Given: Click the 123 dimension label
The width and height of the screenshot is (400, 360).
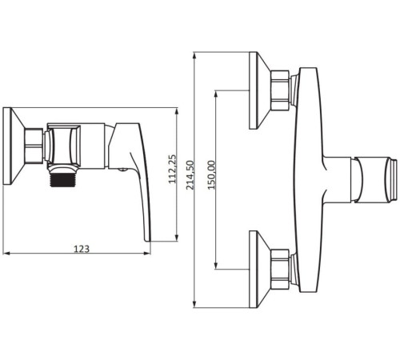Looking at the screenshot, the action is coord(82,249).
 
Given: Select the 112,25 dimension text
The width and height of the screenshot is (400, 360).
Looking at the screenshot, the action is coord(173,169).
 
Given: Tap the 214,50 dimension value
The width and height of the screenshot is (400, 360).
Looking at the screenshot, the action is coord(190,175).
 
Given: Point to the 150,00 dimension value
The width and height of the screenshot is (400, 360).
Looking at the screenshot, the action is coord(211,175).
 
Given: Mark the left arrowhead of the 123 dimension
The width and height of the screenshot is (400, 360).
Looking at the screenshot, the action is coord(6,253).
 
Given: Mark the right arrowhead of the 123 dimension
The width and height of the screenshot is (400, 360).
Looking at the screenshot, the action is coord(147,253).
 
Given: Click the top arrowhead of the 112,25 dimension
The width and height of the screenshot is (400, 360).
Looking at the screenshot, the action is coord(176,111).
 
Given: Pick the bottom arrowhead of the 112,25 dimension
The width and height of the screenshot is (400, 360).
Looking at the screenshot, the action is coord(176,238).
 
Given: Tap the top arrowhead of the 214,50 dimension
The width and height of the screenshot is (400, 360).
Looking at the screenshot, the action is coord(195,56).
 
